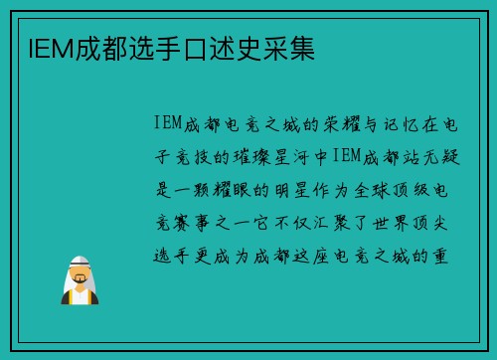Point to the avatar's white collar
tap(79, 295)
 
